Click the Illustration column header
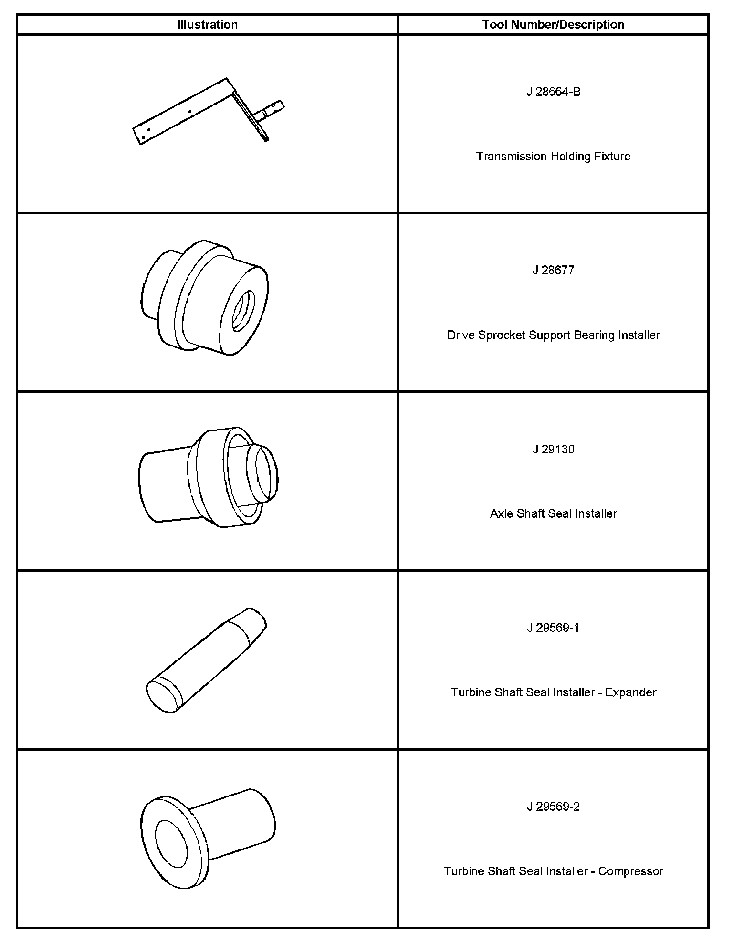pos(207,25)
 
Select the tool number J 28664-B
pos(553,92)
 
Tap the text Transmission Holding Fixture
pos(553,157)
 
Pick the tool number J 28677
pos(553,271)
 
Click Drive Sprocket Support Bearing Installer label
pos(553,335)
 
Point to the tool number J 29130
pos(553,450)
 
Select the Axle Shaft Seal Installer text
pos(553,514)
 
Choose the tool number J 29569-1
pos(553,628)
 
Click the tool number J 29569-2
pos(553,807)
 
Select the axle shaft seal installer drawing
pos(208,477)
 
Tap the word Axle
pos(502,514)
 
